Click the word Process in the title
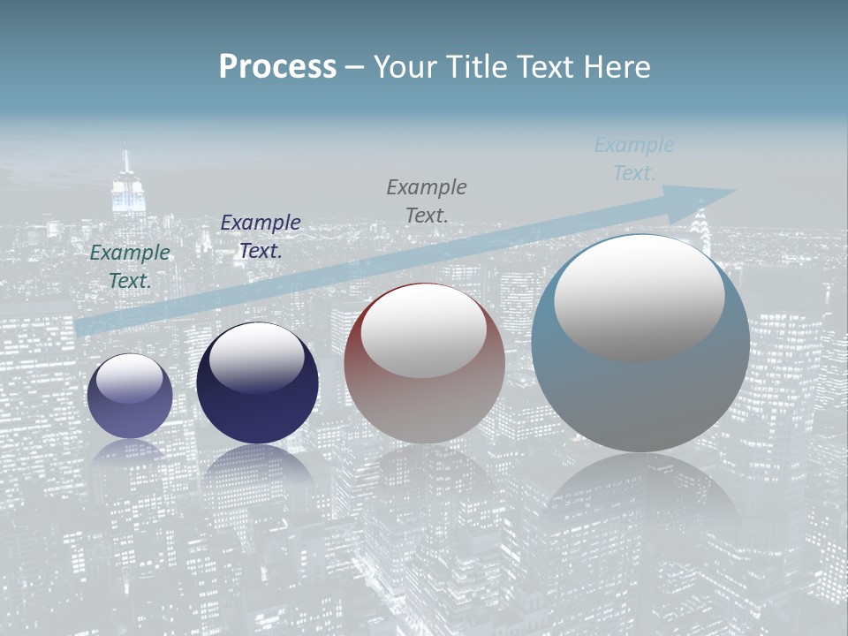pyautogui.click(x=277, y=67)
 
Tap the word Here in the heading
pyautogui.click(x=617, y=67)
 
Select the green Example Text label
pyautogui.click(x=130, y=266)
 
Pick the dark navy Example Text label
pyautogui.click(x=261, y=236)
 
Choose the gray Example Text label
pyautogui.click(x=427, y=201)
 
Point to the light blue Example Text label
pyautogui.click(x=634, y=158)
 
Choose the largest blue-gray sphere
pyautogui.click(x=640, y=397)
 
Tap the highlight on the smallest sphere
pyautogui.click(x=130, y=378)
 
